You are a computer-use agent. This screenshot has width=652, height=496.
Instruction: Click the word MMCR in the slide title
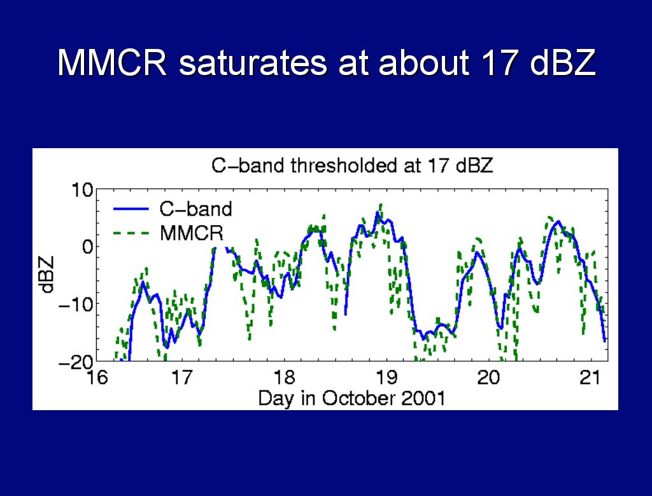[x=112, y=62]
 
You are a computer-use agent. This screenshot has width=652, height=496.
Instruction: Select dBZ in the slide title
[x=563, y=62]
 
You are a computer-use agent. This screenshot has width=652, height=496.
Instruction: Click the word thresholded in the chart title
[x=344, y=165]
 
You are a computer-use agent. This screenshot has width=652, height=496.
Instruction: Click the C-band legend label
[x=195, y=209]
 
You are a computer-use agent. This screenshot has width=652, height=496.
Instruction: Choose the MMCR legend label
[x=192, y=233]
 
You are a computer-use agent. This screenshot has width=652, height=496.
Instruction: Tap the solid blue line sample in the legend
[x=131, y=209]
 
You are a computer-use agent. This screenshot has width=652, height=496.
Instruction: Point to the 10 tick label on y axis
[x=82, y=190]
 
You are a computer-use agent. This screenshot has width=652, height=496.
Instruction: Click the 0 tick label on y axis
[x=88, y=247]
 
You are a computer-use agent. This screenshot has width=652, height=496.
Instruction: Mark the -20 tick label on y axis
[x=76, y=362]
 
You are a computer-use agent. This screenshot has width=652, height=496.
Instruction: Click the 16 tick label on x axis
[x=97, y=377]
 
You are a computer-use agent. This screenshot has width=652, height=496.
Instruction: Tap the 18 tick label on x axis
[x=285, y=377]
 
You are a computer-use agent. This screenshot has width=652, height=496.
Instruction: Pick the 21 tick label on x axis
[x=590, y=377]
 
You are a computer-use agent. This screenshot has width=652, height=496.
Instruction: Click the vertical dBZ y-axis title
[x=48, y=274]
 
